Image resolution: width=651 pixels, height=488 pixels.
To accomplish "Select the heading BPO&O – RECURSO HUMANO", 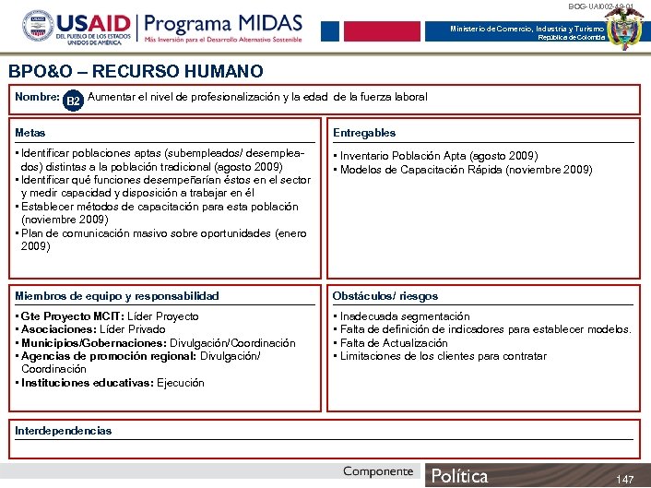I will coord(136,71).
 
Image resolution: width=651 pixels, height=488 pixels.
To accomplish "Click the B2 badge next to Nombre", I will coord(75,99).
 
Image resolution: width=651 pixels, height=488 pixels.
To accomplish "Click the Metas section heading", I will coord(30,133).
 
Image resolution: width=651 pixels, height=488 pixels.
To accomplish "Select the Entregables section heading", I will coord(364,133).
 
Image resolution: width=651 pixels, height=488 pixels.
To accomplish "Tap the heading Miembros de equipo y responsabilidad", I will coord(117,296).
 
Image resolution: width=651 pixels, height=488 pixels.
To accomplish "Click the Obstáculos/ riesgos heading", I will coord(385,296).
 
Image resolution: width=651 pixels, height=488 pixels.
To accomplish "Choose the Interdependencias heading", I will coord(64,430).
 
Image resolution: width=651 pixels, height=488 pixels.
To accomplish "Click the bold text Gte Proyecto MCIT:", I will coord(67,316).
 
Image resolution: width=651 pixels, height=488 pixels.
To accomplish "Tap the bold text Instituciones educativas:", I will coord(88,383).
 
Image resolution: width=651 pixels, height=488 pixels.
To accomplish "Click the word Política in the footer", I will coord(460,476).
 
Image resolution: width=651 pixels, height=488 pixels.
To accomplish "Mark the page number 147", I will coord(625,479).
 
